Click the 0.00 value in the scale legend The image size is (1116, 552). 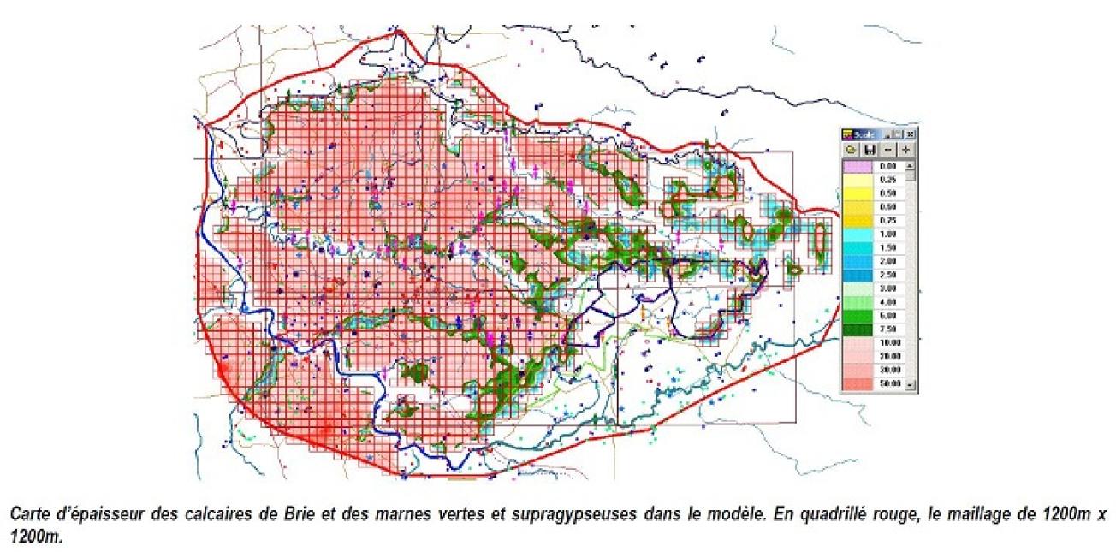click(887, 165)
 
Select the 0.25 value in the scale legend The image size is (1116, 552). click(887, 179)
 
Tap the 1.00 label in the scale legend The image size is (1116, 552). click(887, 234)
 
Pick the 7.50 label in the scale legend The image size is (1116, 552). click(887, 329)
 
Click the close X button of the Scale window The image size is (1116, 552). click(911, 134)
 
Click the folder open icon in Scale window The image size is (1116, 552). click(852, 149)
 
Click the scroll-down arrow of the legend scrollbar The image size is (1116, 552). click(911, 384)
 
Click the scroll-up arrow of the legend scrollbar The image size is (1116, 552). click(911, 164)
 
